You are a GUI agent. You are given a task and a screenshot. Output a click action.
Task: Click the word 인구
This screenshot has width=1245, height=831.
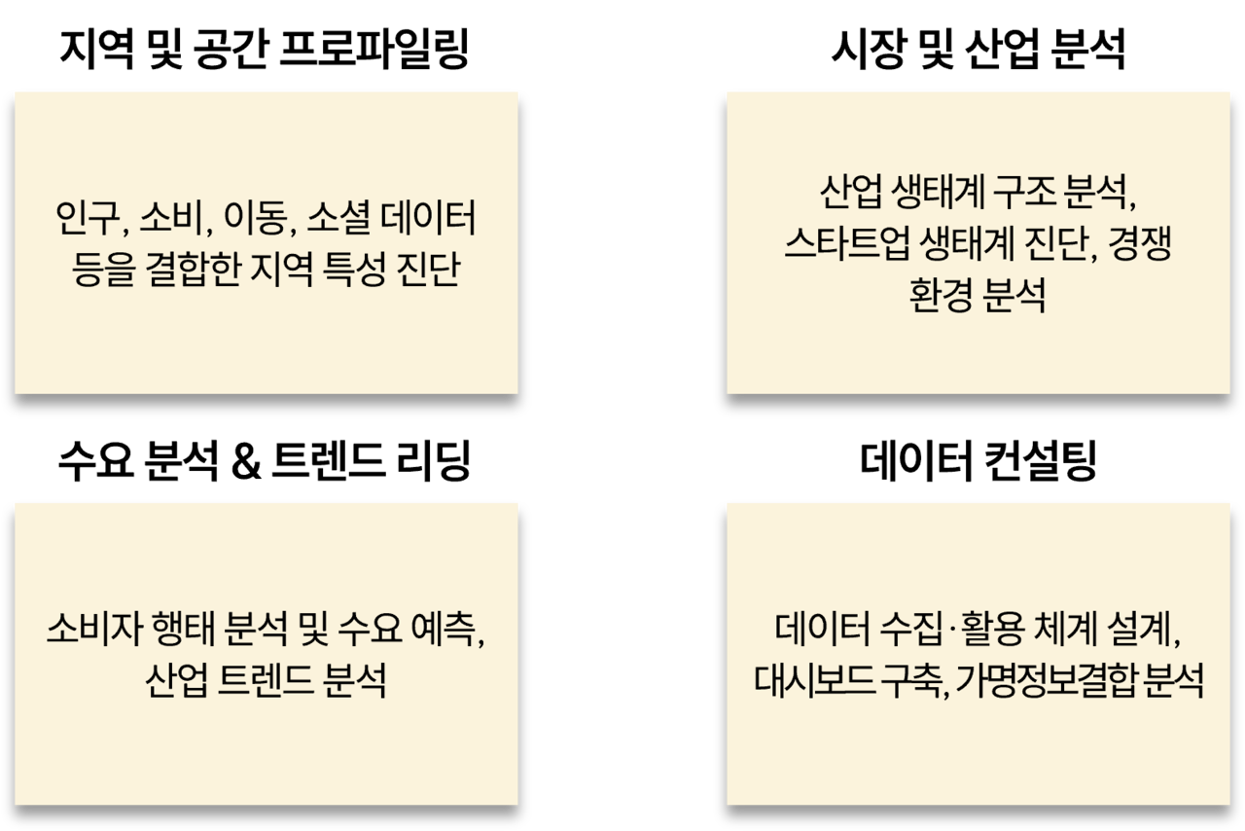coord(88,221)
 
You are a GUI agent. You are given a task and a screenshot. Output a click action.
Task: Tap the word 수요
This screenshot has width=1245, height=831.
coord(361,632)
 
